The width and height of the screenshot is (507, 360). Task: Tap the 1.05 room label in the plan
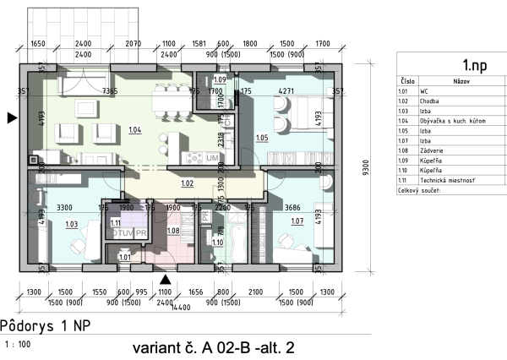[x=262, y=137]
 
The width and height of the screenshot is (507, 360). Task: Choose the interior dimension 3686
[x=290, y=207]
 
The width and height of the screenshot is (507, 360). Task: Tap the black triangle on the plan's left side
[x=11, y=118]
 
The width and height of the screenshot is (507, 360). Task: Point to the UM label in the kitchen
[x=212, y=160]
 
